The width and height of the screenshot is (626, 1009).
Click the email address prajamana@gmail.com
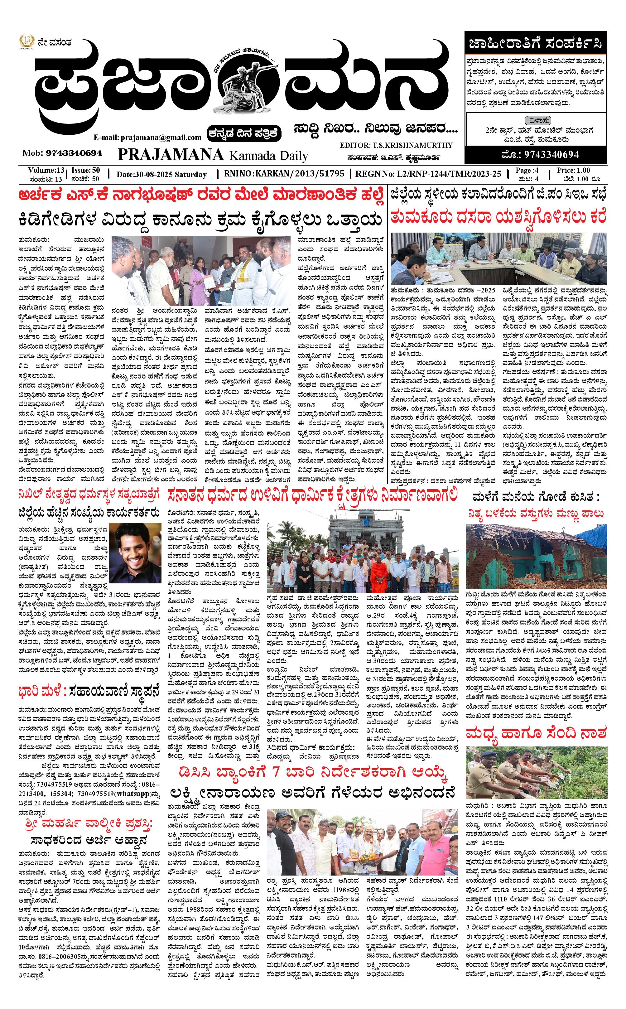tap(147, 137)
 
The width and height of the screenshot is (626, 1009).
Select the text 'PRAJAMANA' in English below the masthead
tap(171, 154)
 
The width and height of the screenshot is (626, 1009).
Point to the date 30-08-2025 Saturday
tap(161, 174)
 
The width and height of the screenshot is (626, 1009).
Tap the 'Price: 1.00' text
tap(573, 170)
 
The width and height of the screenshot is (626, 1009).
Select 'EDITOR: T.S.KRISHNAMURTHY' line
tap(396, 145)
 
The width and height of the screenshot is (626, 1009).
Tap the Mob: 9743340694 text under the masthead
tap(62, 153)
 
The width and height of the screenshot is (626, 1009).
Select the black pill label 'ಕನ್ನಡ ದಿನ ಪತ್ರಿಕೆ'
tap(244, 133)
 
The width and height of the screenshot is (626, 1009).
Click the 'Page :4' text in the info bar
tap(527, 170)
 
